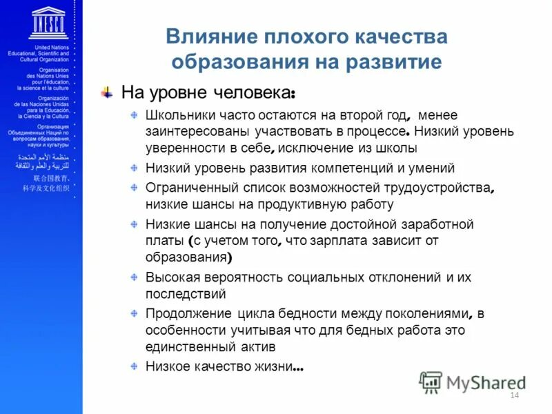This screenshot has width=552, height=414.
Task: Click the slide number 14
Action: [513, 395]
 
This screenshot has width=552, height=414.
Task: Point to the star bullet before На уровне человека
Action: [107, 92]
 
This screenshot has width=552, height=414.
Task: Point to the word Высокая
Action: [170, 277]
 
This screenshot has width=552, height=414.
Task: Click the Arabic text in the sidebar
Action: [43, 162]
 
